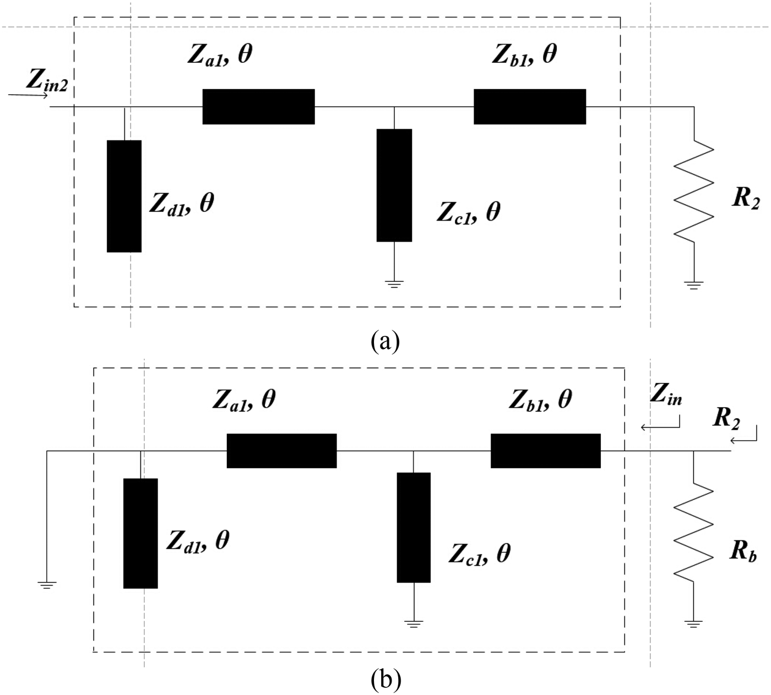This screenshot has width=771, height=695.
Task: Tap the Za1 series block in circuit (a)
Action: click(x=258, y=106)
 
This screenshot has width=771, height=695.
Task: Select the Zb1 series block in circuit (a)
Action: click(x=529, y=106)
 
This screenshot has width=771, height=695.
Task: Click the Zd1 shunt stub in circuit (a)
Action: click(x=124, y=196)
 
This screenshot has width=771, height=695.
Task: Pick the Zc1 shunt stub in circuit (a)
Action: click(x=394, y=185)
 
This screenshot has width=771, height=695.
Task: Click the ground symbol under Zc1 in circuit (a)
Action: click(x=394, y=284)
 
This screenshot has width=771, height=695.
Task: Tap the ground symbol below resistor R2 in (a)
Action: click(x=693, y=284)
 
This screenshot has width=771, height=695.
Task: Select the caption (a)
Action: click(x=385, y=341)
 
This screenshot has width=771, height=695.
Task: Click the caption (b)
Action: click(x=385, y=680)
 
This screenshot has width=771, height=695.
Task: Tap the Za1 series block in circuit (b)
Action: click(x=281, y=451)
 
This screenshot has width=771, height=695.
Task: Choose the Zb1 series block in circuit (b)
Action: click(x=545, y=451)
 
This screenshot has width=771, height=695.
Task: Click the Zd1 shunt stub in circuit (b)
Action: click(x=140, y=533)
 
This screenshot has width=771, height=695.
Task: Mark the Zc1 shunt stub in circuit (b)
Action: click(x=414, y=527)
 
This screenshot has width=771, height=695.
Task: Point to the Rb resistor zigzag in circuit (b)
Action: click(x=693, y=531)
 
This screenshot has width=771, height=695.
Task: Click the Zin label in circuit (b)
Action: click(x=665, y=395)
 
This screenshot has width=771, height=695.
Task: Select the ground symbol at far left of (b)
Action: click(x=47, y=585)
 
